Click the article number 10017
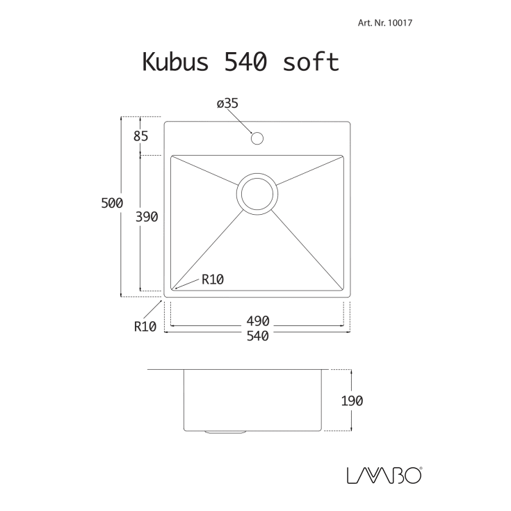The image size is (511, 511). point(400,23)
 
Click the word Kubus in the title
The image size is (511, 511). point(177,62)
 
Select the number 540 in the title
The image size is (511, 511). point(244,62)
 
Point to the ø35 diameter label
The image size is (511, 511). point(227,104)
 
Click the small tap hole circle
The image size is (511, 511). point(257,138)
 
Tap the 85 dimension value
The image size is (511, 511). point(140,136)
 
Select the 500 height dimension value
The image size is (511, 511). point(111,204)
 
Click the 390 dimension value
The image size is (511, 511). point(147,217)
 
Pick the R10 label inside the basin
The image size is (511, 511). point(212,280)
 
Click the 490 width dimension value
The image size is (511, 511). point(257,321)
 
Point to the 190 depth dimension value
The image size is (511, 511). point(352,400)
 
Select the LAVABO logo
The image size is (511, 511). point(382,475)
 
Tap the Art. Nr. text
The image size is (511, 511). point(370,23)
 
